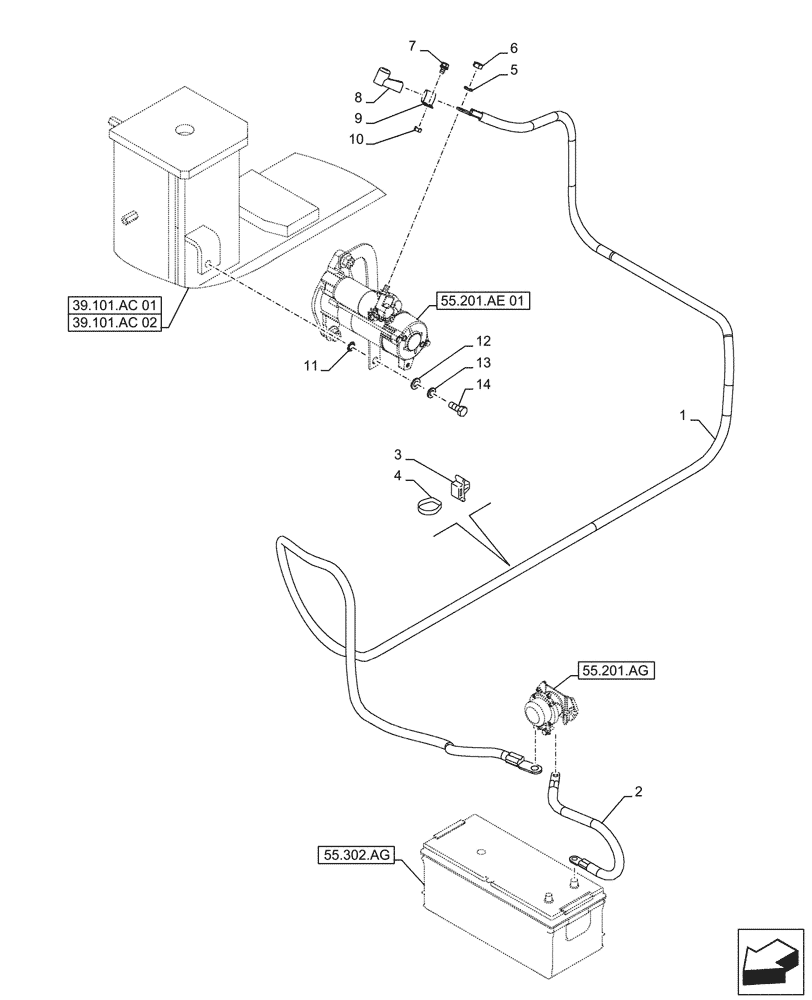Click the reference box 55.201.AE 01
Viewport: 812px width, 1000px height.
click(x=477, y=299)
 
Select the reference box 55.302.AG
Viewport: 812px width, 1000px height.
click(x=357, y=855)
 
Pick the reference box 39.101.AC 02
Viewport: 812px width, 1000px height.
click(x=115, y=322)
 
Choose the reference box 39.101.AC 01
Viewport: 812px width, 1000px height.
click(x=115, y=304)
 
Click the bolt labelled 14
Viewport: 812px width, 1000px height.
click(x=459, y=408)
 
